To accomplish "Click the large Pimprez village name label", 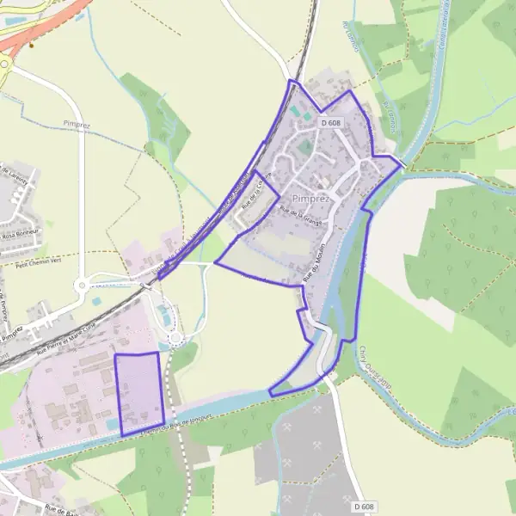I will click(311, 199).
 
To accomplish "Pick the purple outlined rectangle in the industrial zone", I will click(138, 392).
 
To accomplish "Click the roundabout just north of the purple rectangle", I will click(176, 338).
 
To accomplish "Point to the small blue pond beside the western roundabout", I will click(96, 301).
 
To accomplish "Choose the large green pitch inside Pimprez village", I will click(305, 147).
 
